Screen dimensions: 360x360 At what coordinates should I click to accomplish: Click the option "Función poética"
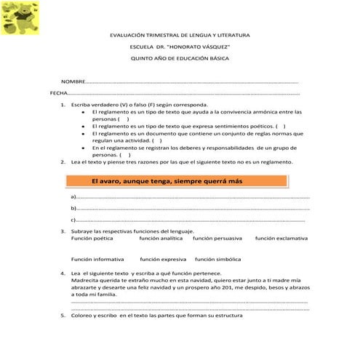point(92,239)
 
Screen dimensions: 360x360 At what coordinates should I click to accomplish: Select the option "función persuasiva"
point(217,239)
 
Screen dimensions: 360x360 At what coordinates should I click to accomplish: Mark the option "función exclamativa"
point(281,239)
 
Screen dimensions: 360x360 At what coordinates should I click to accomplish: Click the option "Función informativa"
point(97,259)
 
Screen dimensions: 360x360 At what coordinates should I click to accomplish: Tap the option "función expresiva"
point(164,259)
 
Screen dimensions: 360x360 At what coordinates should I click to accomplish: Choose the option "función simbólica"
point(217,259)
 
